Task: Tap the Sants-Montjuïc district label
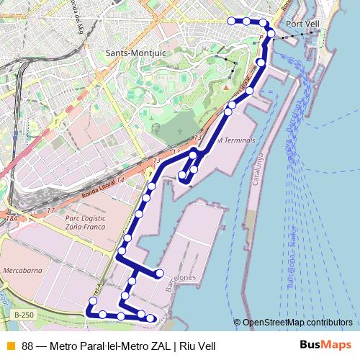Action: coord(135,53)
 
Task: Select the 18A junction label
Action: coord(11,217)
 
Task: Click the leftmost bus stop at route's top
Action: coord(231,21)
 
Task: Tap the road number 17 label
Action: coord(50,210)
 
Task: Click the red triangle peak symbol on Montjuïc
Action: coord(225,88)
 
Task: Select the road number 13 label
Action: coord(198,136)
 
